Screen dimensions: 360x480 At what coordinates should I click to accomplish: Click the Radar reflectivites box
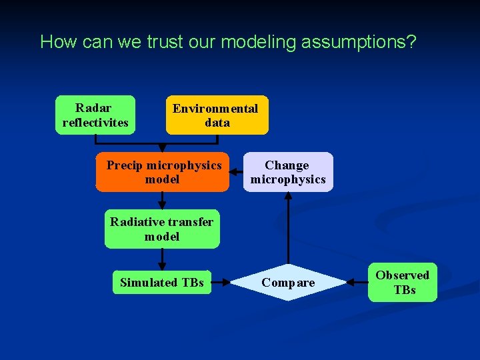(95, 115)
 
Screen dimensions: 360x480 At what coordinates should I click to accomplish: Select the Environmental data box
(217, 115)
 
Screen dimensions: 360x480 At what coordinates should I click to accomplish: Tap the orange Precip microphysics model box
(163, 172)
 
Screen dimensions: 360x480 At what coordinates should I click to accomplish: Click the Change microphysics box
(287, 172)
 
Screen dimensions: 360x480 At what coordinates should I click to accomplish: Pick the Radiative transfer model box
(162, 229)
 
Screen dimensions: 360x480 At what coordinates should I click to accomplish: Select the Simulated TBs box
(162, 283)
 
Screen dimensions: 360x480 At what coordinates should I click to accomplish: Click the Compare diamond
(288, 283)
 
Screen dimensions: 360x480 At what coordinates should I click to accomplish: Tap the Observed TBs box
(403, 282)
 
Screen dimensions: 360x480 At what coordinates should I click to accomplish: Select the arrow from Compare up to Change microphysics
(288, 227)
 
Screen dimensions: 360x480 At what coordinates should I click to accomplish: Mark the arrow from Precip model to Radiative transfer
(162, 201)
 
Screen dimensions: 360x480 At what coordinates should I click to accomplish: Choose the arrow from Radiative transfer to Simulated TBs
(162, 259)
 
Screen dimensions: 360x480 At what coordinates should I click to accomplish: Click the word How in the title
(55, 42)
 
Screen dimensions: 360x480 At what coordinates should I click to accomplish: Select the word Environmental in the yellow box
(215, 109)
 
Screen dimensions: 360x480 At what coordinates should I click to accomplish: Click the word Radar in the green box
(94, 108)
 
